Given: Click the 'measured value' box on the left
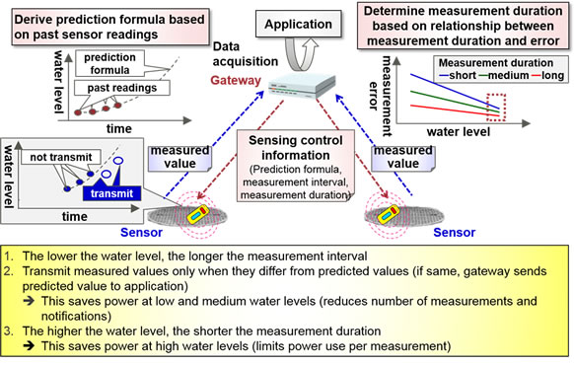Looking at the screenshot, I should [x=179, y=157].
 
